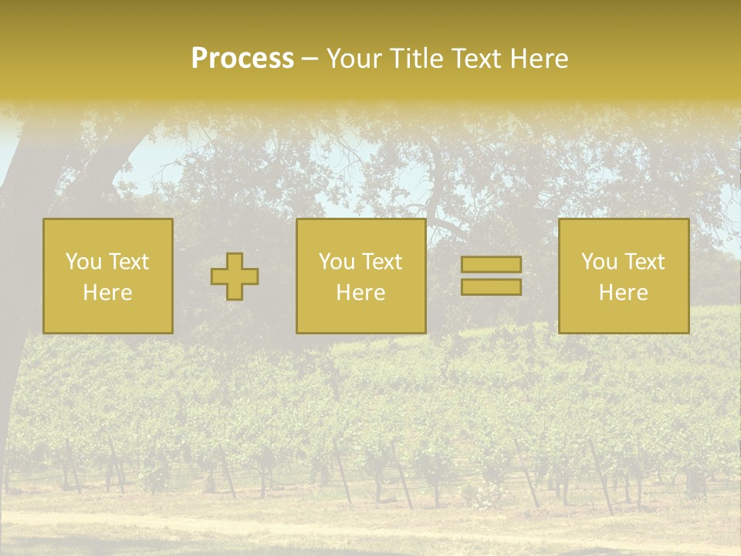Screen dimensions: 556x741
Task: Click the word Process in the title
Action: [242, 59]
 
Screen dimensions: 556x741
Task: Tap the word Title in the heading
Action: [414, 59]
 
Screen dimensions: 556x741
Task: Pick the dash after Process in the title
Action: [310, 59]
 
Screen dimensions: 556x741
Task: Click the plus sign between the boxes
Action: [235, 276]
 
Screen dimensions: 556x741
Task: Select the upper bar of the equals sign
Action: [491, 265]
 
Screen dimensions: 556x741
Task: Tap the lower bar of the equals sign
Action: [491, 287]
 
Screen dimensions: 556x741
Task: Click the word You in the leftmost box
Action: [83, 261]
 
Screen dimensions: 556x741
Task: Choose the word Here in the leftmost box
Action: [107, 293]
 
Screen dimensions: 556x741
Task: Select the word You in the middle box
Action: [337, 262]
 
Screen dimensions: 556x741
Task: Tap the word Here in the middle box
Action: [360, 293]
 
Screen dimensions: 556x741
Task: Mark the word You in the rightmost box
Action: [599, 262]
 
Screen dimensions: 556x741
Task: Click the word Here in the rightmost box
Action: [623, 293]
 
